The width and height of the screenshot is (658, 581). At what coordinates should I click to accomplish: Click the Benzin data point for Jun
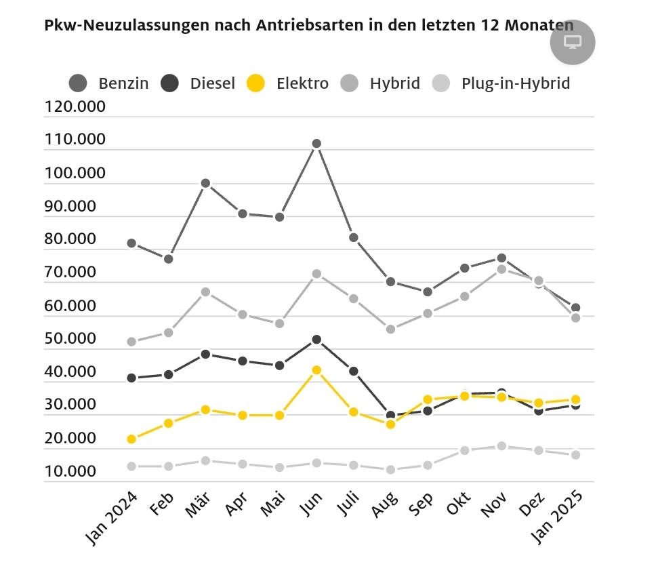tap(316, 144)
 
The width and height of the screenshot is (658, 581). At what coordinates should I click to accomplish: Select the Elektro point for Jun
tap(316, 370)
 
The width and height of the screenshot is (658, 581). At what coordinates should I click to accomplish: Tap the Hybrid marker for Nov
tap(501, 269)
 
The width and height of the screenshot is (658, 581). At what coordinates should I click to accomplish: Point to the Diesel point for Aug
tap(390, 416)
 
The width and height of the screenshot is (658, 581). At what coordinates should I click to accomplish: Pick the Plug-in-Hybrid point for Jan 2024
tap(131, 466)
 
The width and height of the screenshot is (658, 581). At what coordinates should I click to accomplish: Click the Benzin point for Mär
tap(205, 183)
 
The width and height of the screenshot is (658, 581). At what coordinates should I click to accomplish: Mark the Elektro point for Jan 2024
tap(131, 439)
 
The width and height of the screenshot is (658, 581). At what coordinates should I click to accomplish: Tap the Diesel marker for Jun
tap(316, 339)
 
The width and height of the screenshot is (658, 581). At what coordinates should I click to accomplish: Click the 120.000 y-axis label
tap(75, 107)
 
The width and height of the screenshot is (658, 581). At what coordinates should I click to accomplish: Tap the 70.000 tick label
tap(75, 273)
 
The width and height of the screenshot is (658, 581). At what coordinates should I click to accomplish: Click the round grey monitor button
tap(573, 43)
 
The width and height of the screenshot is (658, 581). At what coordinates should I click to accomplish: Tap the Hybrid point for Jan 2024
tap(131, 342)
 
